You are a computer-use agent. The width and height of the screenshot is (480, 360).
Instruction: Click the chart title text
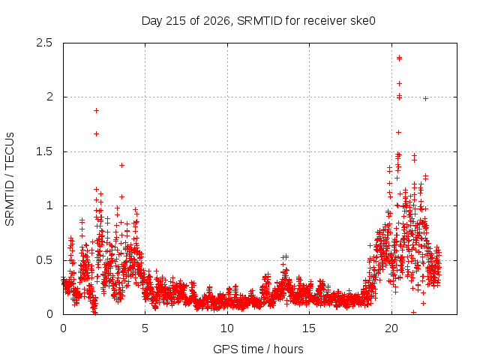[x=258, y=21]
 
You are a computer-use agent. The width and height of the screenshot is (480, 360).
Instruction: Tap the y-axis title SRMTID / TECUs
[x=10, y=179]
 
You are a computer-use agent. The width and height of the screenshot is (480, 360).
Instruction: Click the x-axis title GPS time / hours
[x=258, y=349]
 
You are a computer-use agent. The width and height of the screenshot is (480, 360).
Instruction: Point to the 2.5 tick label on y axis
[x=44, y=43]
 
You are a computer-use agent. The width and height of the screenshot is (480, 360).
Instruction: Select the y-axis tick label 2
[x=49, y=97]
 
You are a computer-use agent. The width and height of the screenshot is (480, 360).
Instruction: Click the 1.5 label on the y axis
[x=44, y=151]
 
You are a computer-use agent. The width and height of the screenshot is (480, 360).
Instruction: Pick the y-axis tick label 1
[x=49, y=205]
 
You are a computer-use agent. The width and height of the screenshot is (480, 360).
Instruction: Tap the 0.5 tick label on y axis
[x=44, y=260]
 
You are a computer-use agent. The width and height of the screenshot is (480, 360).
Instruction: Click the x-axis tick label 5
[x=145, y=328]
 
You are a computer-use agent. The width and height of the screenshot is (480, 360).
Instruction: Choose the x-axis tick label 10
[x=227, y=328]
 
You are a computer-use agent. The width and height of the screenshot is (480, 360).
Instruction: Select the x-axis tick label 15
[x=309, y=328]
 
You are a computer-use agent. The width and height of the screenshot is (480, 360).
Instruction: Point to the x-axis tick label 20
[x=391, y=328]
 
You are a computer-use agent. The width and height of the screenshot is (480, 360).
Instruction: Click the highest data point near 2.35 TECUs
[x=399, y=58]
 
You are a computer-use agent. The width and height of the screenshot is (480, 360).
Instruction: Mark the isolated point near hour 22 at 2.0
[x=425, y=98]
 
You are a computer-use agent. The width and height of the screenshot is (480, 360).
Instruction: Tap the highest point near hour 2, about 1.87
[x=97, y=110]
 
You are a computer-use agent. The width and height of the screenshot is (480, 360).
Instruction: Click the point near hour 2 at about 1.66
[x=97, y=133]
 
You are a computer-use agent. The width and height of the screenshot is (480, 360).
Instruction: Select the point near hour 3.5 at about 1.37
[x=121, y=165]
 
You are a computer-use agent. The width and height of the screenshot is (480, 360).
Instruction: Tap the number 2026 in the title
[x=217, y=21]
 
